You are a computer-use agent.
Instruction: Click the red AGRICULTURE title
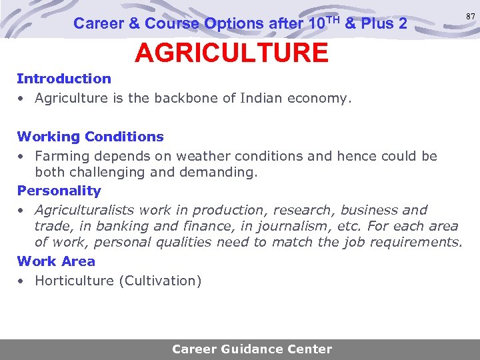tap(231, 53)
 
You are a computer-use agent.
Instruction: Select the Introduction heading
tap(64, 79)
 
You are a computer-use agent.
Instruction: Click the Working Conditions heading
tap(90, 137)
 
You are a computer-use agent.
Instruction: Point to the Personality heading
tap(59, 191)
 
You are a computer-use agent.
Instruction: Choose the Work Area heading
tap(56, 261)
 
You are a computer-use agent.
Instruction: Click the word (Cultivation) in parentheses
tap(160, 281)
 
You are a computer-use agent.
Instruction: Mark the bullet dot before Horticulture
tap(22, 281)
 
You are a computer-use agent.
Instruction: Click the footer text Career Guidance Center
tap(252, 349)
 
